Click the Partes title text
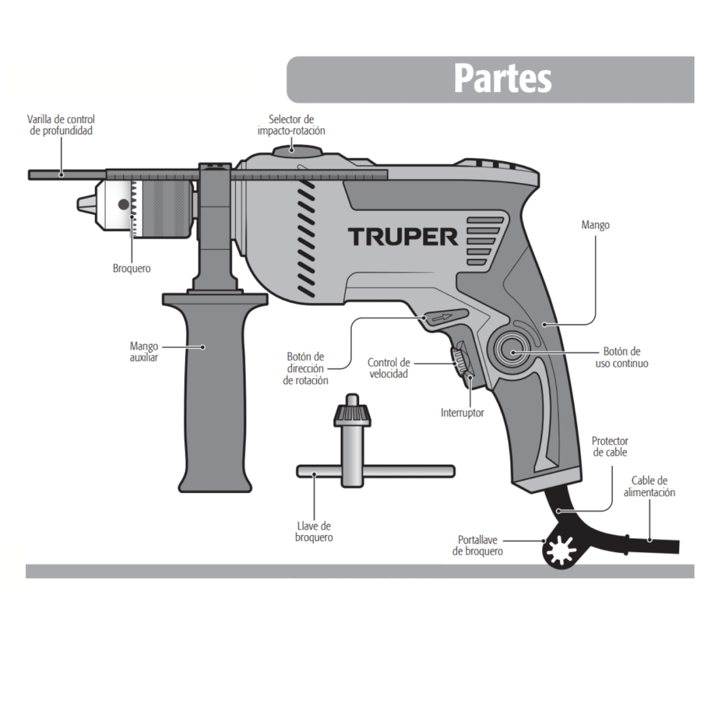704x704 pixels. pos(503,79)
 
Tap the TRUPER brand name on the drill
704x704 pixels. pos(404,237)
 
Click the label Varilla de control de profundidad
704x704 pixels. pos(61,125)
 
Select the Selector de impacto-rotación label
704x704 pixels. pos(291,125)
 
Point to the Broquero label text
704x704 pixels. pos(131,269)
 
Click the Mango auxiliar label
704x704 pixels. pos(144,352)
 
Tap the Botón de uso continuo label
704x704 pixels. pos(622,357)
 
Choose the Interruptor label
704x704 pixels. pos(462,413)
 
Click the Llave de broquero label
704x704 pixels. pos(314,532)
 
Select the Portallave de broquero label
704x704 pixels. pos(478,546)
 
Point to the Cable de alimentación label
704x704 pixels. pos(649,487)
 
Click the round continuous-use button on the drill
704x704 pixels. pos(512,352)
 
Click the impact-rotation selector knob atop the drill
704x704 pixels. pos(297,150)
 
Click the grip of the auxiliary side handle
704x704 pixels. pos(215,399)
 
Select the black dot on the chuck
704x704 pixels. pos(123,205)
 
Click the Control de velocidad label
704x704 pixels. pos(388,368)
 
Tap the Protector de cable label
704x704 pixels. pos(610,446)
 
